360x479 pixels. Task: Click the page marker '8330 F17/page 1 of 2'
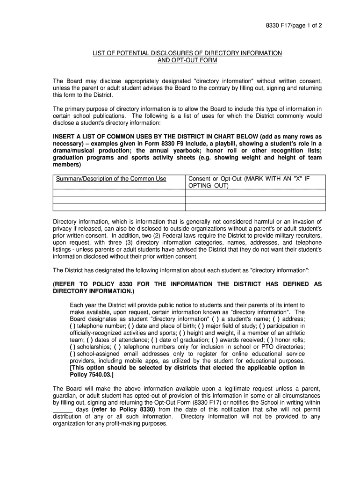[291, 26]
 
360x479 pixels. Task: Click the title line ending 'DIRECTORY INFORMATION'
[187, 53]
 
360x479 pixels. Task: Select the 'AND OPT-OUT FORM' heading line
[187, 61]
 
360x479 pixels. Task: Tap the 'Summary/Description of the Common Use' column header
[111, 179]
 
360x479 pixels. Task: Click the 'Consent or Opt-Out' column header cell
[249, 182]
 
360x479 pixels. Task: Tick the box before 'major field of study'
[201, 326]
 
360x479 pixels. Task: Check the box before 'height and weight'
[180, 333]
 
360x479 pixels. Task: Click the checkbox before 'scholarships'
[73, 347]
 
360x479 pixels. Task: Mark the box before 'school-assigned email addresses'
[73, 354]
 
